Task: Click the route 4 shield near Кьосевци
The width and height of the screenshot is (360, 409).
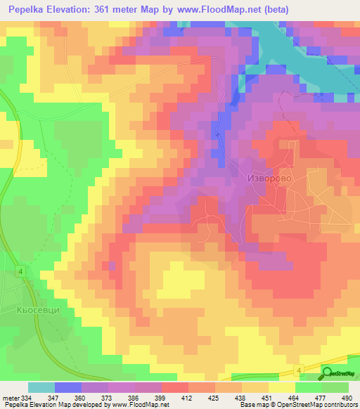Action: (x=21, y=271)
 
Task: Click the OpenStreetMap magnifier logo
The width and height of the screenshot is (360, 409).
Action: (x=327, y=372)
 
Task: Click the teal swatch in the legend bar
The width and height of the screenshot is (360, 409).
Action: (x=41, y=387)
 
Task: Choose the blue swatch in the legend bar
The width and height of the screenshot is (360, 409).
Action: (x=68, y=387)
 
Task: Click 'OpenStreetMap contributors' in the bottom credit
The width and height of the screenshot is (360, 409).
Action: (x=319, y=405)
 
